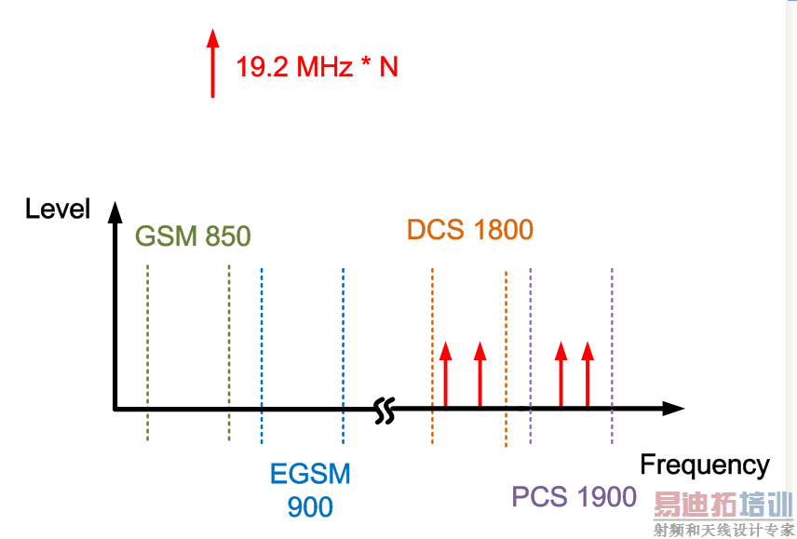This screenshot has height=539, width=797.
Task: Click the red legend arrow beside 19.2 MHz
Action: (x=212, y=63)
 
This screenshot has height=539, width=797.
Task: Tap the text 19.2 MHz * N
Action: (x=317, y=67)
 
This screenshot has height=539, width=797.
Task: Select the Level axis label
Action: (x=58, y=209)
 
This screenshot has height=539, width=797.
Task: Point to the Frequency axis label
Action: (x=705, y=465)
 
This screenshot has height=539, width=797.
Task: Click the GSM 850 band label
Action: (x=194, y=236)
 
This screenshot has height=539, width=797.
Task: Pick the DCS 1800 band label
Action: (x=470, y=230)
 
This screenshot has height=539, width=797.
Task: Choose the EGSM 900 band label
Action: (x=310, y=490)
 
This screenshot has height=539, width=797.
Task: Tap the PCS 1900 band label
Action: (x=574, y=496)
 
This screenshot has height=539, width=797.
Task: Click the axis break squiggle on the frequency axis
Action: (x=384, y=410)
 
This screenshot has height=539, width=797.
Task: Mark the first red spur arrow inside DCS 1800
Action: (x=445, y=374)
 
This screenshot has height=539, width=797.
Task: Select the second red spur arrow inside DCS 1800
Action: (x=480, y=374)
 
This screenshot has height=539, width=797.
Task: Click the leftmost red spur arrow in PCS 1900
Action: (x=561, y=374)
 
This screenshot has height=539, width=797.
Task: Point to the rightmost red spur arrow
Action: (x=587, y=374)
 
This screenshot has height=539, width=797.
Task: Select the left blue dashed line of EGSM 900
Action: (x=262, y=354)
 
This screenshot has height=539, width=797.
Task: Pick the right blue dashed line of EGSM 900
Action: (x=343, y=354)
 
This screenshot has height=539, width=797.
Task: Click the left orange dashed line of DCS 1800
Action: (x=432, y=354)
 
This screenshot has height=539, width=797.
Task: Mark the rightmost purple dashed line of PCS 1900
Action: (x=612, y=354)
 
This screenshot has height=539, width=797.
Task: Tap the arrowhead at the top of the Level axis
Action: (x=115, y=213)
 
